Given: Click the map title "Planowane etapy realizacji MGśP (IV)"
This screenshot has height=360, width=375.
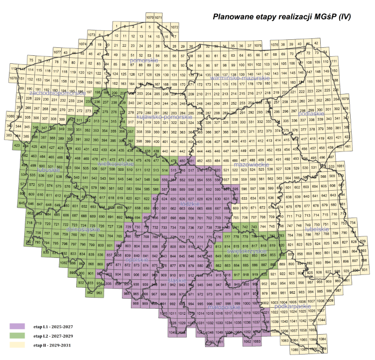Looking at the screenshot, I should coord(282,16).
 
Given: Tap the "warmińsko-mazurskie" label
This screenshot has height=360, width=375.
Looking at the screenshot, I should coord(239,79).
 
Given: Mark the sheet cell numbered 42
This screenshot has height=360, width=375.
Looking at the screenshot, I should coord(315,44).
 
